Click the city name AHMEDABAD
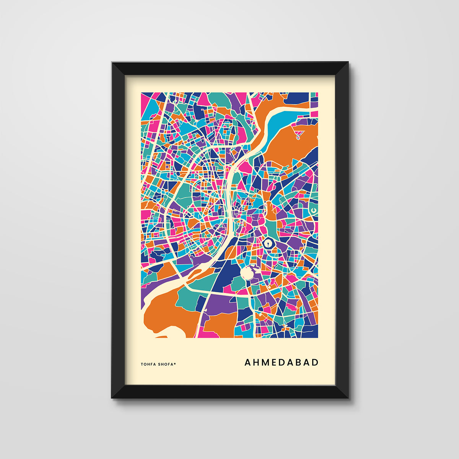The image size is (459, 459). coord(282,362)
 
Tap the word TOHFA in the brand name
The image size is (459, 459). coord(148,364)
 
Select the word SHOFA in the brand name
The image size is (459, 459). coord(165,364)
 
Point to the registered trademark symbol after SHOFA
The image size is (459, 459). coord(175,363)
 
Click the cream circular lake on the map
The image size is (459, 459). coord(247,273)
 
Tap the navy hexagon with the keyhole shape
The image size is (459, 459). coord(269,243)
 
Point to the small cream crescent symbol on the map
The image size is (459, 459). coord(313,210)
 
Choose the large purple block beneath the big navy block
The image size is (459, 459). coord(222,304)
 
